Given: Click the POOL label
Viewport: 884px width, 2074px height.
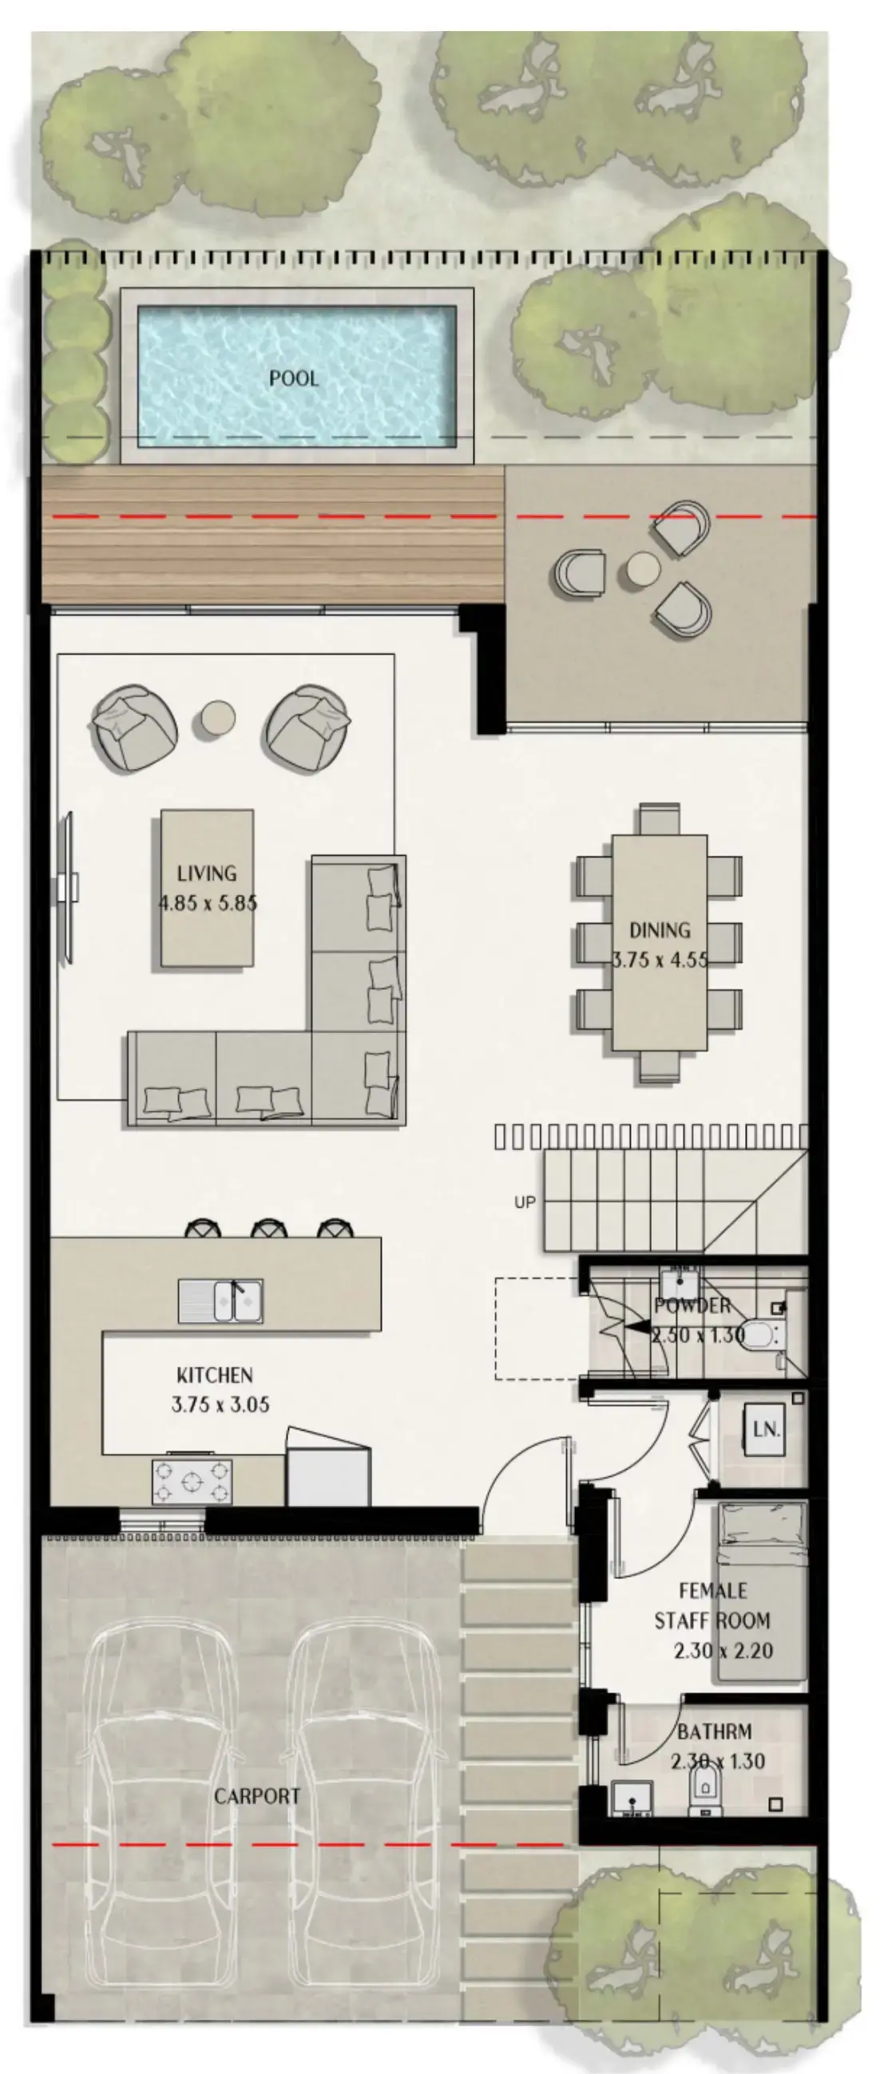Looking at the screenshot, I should point(293,378).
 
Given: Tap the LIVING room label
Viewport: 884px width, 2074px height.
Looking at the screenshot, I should point(207,873).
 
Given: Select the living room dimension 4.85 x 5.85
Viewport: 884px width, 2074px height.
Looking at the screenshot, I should point(208,904).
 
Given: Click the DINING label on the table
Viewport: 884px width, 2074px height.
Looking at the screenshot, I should point(660,931).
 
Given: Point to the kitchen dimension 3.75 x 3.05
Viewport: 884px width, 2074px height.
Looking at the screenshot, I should point(220,1405).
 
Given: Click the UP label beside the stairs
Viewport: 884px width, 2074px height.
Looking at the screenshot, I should point(524,1203).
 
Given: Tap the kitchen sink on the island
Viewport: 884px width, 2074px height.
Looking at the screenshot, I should point(220,1301).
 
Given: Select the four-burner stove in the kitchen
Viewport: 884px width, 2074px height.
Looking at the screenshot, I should point(192,1482).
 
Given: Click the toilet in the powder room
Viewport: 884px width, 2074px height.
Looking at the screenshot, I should point(760,1334).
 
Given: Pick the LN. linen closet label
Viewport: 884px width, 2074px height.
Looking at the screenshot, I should point(765,1430).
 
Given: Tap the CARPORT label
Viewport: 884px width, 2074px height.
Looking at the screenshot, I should point(257,1796).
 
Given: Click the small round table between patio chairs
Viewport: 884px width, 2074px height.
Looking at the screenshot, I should point(640,571).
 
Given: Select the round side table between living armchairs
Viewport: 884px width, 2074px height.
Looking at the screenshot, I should point(217,717).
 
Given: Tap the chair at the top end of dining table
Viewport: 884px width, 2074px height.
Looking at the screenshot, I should point(660,819).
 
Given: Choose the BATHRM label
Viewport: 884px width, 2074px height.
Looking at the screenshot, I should point(714,1732).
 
